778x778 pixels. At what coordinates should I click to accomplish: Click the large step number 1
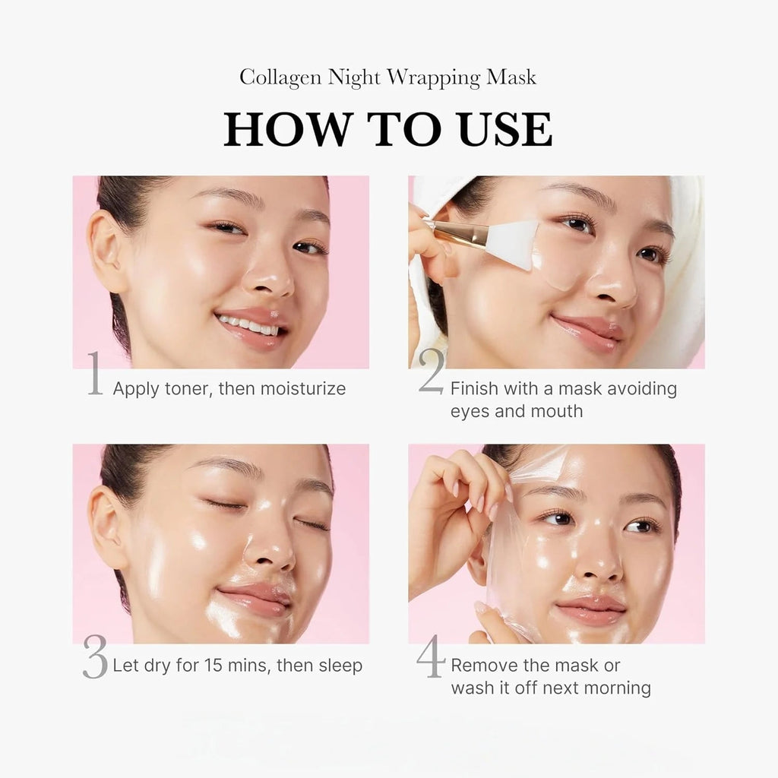95,374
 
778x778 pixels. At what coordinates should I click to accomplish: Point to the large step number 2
431,372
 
